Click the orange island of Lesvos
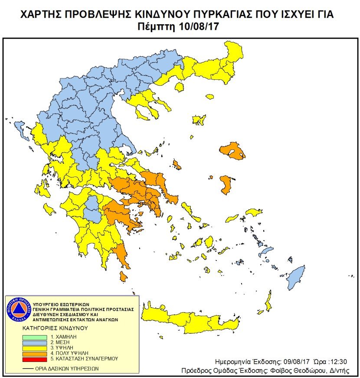point(233,151)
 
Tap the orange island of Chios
point(225,185)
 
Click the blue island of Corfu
point(20,128)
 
